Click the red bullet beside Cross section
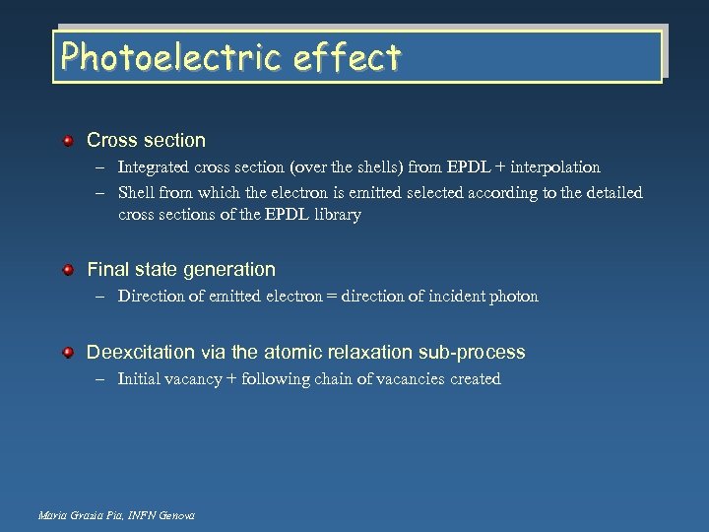tap(68, 141)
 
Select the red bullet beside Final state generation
tap(68, 269)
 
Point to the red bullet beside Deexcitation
tap(68, 352)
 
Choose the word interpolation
tap(554, 167)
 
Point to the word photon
tap(514, 296)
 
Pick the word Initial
tap(141, 378)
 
